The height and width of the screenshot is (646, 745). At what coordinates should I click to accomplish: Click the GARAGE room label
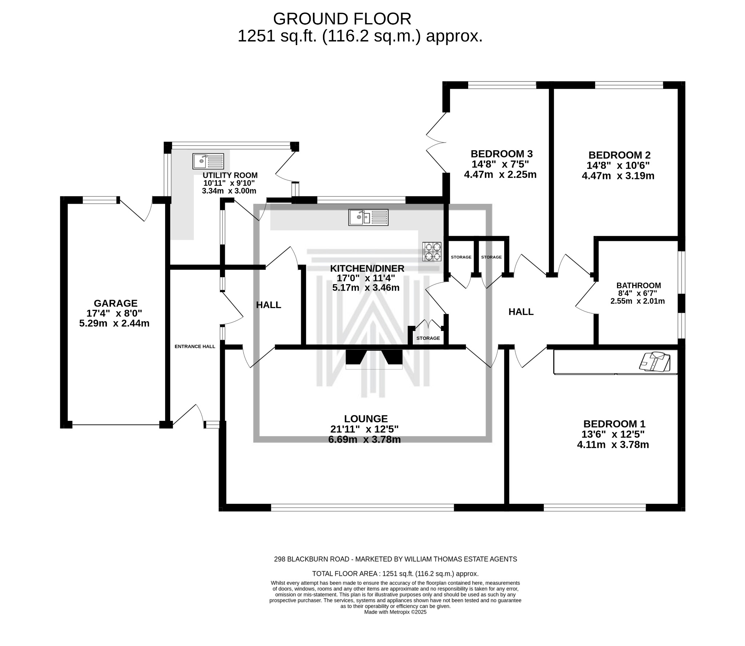click(116, 303)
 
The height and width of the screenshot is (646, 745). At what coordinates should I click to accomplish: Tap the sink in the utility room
click(208, 161)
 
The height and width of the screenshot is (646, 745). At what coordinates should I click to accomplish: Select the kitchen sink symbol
click(368, 218)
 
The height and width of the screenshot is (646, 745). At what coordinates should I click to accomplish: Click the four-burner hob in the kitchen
click(432, 251)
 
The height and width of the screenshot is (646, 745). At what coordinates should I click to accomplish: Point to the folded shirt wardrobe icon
click(654, 362)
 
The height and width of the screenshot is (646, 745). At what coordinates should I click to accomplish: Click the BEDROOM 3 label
click(502, 153)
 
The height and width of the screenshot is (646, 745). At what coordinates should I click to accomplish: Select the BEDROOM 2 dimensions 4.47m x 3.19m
click(618, 176)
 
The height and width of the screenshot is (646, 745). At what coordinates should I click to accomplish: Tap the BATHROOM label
click(638, 286)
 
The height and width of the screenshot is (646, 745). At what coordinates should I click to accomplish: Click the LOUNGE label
click(366, 419)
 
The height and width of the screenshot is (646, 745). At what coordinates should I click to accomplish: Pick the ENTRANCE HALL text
click(195, 347)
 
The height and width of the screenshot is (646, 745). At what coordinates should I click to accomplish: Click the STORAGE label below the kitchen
click(428, 338)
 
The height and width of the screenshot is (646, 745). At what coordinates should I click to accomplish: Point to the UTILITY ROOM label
click(230, 175)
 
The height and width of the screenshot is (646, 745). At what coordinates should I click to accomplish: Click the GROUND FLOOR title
click(342, 19)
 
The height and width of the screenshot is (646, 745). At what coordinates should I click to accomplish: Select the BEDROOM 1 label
click(614, 424)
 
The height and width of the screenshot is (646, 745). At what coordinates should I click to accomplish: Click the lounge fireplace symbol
click(374, 359)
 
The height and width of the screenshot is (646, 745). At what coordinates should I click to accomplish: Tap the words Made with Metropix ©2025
click(395, 612)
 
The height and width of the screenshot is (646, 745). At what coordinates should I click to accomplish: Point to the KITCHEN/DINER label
click(367, 268)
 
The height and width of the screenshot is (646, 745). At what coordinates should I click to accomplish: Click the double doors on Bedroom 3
click(436, 142)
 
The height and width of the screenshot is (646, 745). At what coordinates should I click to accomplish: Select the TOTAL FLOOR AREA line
click(395, 574)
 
